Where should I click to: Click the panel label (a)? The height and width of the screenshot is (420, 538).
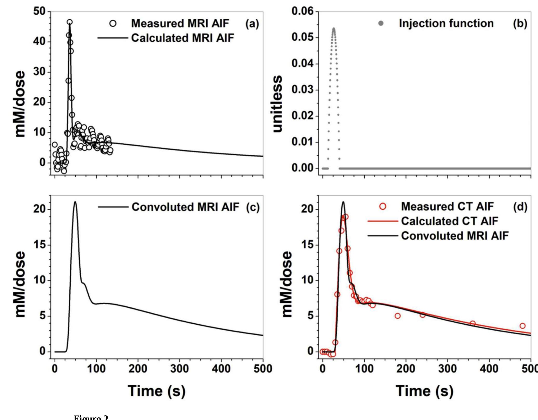click(x=252, y=24)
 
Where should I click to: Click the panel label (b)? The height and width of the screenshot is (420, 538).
click(x=520, y=24)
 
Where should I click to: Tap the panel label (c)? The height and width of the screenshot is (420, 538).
click(x=253, y=207)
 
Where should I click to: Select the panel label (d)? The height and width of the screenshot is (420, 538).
click(x=520, y=207)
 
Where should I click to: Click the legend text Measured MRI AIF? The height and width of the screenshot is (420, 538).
click(x=180, y=23)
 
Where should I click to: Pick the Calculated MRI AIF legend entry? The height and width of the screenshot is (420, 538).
click(x=182, y=38)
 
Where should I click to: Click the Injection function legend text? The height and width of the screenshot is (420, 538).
click(x=446, y=23)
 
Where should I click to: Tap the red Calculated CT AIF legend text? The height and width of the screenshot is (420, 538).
click(x=449, y=221)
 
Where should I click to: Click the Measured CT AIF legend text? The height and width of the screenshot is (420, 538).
click(x=447, y=207)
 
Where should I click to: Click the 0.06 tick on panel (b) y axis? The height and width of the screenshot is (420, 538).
click(x=303, y=11)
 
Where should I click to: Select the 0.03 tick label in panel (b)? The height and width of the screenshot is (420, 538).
click(x=303, y=90)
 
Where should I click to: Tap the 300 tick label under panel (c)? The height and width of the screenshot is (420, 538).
click(x=179, y=369)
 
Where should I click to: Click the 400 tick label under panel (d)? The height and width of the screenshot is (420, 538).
click(x=489, y=369)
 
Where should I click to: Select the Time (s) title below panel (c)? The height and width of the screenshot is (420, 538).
click(x=157, y=391)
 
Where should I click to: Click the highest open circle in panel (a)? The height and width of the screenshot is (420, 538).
click(x=69, y=22)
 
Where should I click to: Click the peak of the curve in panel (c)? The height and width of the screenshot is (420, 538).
click(x=75, y=202)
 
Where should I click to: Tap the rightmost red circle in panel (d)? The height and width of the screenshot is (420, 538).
click(x=522, y=326)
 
